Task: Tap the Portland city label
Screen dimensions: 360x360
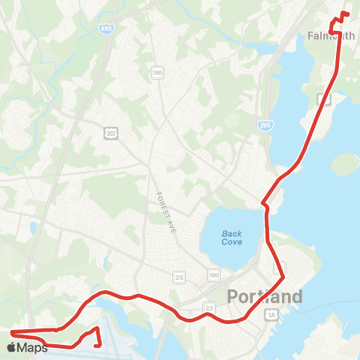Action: click(x=265, y=296)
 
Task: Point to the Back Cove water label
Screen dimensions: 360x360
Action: click(x=232, y=238)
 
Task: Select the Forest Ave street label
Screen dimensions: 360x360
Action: click(x=165, y=205)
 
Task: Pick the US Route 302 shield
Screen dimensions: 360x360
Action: click(x=109, y=133)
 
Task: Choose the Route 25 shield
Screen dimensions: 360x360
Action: click(x=178, y=277)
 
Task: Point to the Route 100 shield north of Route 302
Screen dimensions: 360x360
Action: click(x=157, y=73)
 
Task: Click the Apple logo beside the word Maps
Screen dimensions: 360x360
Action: click(x=11, y=347)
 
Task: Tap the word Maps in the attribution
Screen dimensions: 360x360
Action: click(x=32, y=347)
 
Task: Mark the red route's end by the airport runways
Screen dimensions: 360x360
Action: click(x=100, y=345)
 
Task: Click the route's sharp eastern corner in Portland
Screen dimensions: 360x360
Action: click(x=283, y=279)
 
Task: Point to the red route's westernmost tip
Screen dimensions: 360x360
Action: click(x=11, y=331)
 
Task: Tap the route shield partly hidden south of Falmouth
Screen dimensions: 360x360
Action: click(x=324, y=98)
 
